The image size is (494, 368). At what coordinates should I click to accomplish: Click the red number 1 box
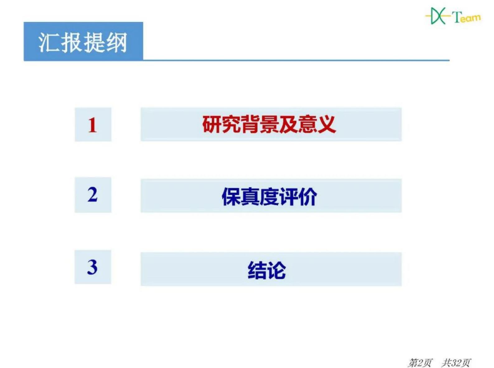pyautogui.click(x=93, y=125)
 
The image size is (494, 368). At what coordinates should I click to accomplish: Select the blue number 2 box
pyautogui.click(x=93, y=195)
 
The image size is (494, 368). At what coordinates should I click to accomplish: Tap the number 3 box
pyautogui.click(x=93, y=267)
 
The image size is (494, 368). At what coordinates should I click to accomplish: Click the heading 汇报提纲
pyautogui.click(x=83, y=42)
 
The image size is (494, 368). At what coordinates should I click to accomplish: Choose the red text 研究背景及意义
pyautogui.click(x=269, y=125)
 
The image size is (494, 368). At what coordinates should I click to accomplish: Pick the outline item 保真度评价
pyautogui.click(x=269, y=197)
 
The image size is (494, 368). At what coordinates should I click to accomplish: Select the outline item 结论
pyautogui.click(x=267, y=270)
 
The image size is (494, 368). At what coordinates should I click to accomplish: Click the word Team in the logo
pyautogui.click(x=466, y=17)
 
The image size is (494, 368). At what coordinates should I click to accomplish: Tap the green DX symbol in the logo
pyautogui.click(x=437, y=16)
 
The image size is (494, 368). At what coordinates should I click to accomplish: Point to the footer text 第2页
pyautogui.click(x=420, y=362)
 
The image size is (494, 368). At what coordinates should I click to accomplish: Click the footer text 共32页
pyautogui.click(x=456, y=362)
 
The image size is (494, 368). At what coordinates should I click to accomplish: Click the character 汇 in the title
pyautogui.click(x=49, y=42)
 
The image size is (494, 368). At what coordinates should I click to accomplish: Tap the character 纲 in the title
pyautogui.click(x=116, y=42)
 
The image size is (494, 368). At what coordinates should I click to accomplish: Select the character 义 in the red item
pyautogui.click(x=327, y=125)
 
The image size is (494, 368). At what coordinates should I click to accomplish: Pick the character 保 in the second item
pyautogui.click(x=231, y=197)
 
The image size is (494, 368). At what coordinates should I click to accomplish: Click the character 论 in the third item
pyautogui.click(x=276, y=270)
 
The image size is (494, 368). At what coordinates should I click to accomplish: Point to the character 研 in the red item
pyautogui.click(x=212, y=125)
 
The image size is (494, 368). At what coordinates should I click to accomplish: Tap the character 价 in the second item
pyautogui.click(x=308, y=197)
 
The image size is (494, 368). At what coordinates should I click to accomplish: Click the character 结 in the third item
pyautogui.click(x=257, y=270)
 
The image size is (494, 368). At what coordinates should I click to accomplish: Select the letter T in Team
pyautogui.click(x=456, y=17)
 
